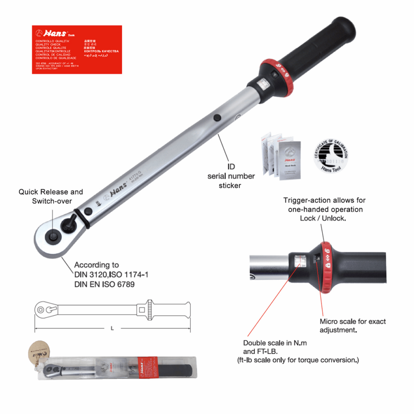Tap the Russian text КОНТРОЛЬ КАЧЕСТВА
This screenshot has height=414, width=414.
point(101,51)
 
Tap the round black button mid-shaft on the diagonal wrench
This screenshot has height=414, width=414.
point(218,118)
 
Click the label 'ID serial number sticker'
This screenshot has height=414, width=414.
point(231,176)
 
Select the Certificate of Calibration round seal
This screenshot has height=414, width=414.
point(331,156)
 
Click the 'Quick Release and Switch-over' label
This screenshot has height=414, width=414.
point(51,196)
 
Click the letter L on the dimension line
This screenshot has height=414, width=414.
point(112,328)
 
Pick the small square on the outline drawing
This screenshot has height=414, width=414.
point(142,310)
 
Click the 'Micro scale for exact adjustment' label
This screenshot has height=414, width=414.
point(353,325)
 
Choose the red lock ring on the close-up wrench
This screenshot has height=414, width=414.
point(327,266)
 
